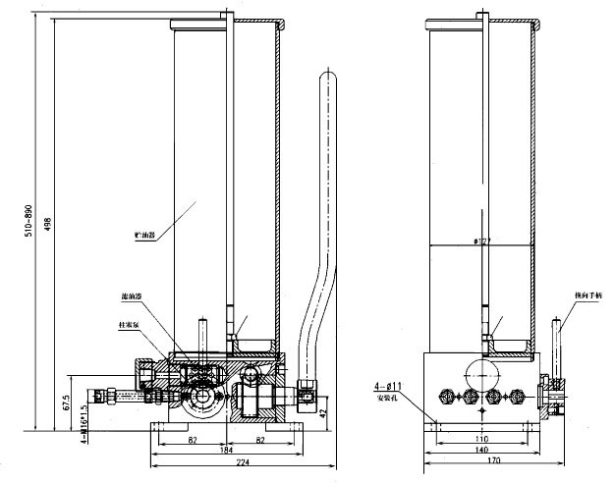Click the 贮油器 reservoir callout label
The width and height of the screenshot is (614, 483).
click(x=146, y=237)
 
